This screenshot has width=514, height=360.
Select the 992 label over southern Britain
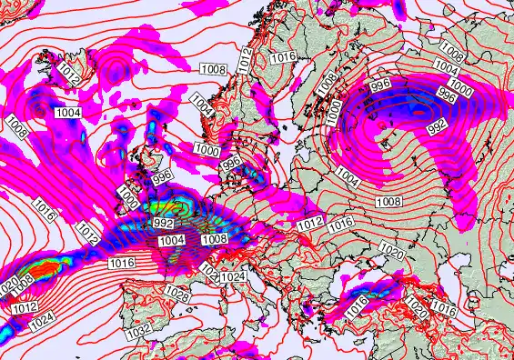(164, 223)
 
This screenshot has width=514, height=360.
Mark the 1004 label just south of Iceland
(68, 112)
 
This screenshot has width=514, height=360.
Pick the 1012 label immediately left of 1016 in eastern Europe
(310, 222)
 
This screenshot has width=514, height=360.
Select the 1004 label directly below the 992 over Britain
(172, 239)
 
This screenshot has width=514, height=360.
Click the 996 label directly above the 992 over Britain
(163, 179)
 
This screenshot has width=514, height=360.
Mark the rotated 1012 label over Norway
(245, 61)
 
